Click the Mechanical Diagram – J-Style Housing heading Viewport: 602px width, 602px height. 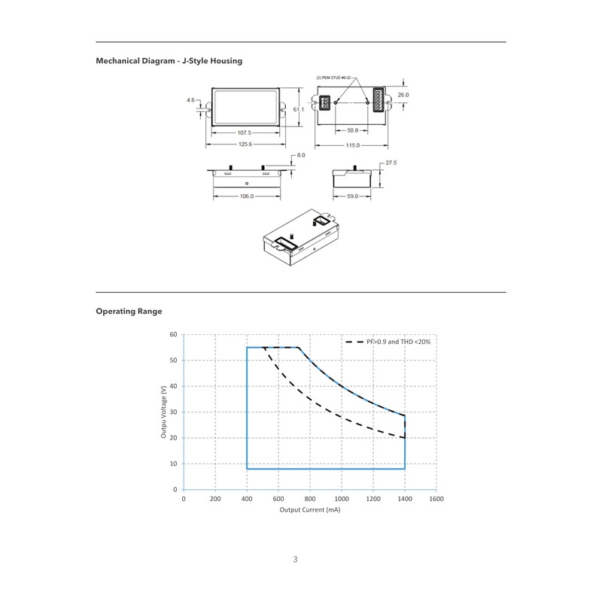(x=169, y=61)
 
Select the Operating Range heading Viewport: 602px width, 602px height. (x=129, y=312)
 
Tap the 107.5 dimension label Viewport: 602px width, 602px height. (x=244, y=133)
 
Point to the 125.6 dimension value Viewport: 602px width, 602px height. (x=245, y=144)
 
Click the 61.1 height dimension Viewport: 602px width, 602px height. (x=298, y=109)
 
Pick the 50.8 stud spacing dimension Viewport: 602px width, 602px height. (x=352, y=130)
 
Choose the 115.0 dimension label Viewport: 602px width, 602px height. (x=353, y=145)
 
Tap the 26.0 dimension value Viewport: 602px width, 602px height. (x=403, y=95)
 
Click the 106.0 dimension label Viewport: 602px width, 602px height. (x=247, y=196)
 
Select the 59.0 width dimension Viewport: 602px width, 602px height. (x=352, y=196)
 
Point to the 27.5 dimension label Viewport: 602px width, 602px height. (x=391, y=163)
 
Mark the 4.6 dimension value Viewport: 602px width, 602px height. (x=191, y=100)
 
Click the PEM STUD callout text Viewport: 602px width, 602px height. (x=333, y=78)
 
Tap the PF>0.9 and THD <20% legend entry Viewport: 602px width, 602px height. (x=388, y=342)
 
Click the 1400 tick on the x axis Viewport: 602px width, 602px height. (x=405, y=499)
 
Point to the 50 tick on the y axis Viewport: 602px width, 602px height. (x=174, y=360)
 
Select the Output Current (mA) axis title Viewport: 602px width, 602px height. (x=310, y=510)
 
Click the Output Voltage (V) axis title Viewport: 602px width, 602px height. (x=164, y=412)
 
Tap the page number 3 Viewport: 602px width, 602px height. (x=295, y=559)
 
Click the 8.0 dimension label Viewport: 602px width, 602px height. (x=301, y=156)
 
